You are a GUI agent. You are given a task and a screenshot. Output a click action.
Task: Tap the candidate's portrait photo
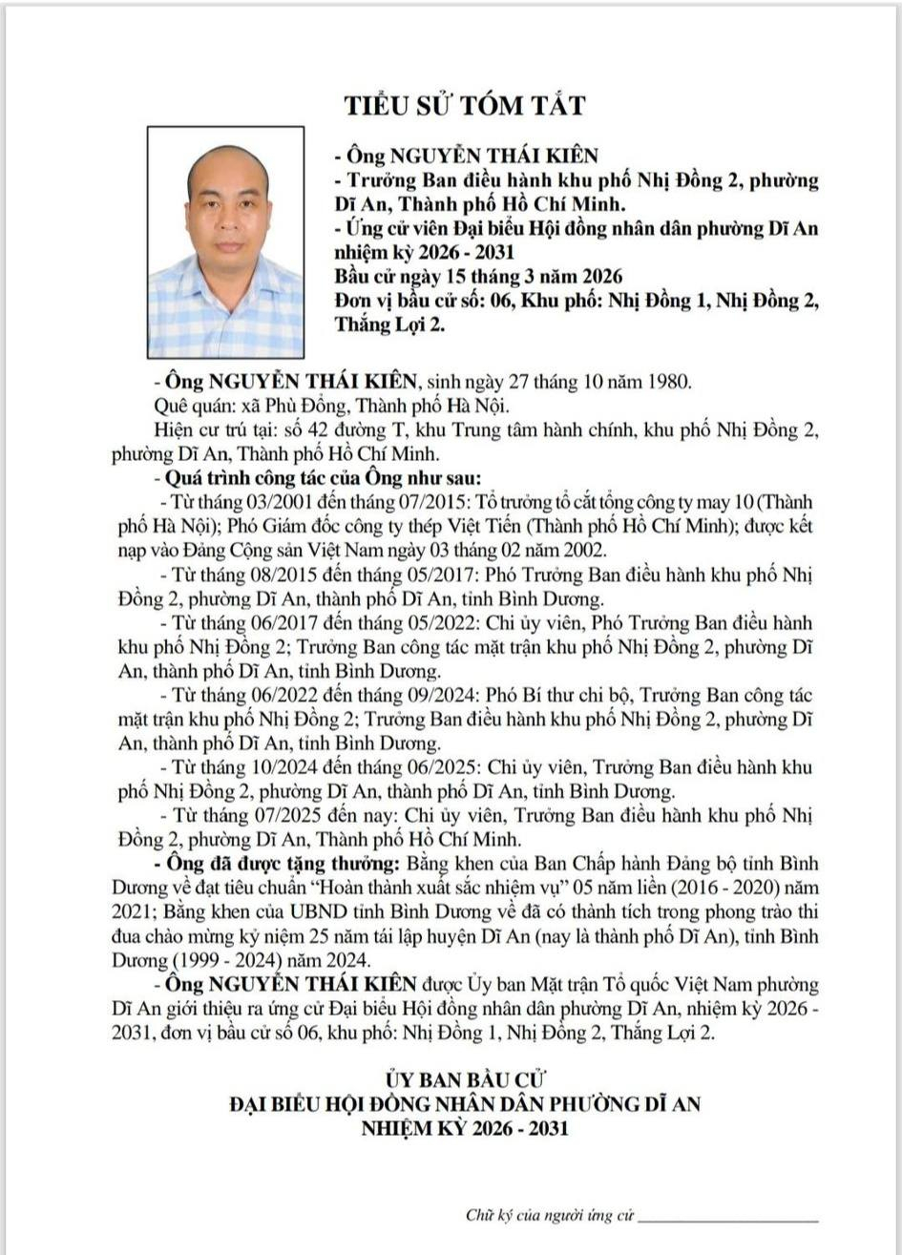pyautogui.click(x=225, y=242)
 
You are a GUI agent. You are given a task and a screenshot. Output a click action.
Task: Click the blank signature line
pyautogui.click(x=727, y=1219)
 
